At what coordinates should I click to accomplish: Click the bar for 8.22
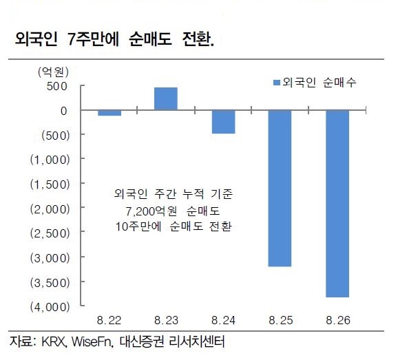click(x=109, y=113)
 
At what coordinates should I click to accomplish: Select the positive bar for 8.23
click(x=166, y=98)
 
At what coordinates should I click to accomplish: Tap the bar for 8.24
click(x=223, y=122)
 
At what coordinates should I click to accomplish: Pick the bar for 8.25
click(x=280, y=188)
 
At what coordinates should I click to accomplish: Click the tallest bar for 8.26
click(x=337, y=204)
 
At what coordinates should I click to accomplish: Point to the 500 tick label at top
click(x=57, y=86)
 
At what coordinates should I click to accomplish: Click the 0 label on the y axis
click(x=64, y=111)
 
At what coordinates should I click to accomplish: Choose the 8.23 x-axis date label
click(x=166, y=320)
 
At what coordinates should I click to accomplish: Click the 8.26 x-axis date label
click(x=338, y=320)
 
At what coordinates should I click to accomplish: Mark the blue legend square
click(x=276, y=83)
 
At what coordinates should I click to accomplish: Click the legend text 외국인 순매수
click(x=320, y=83)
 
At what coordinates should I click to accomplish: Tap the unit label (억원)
click(x=53, y=72)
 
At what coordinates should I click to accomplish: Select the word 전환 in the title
click(x=197, y=39)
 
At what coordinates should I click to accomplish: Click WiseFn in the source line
click(x=92, y=341)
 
